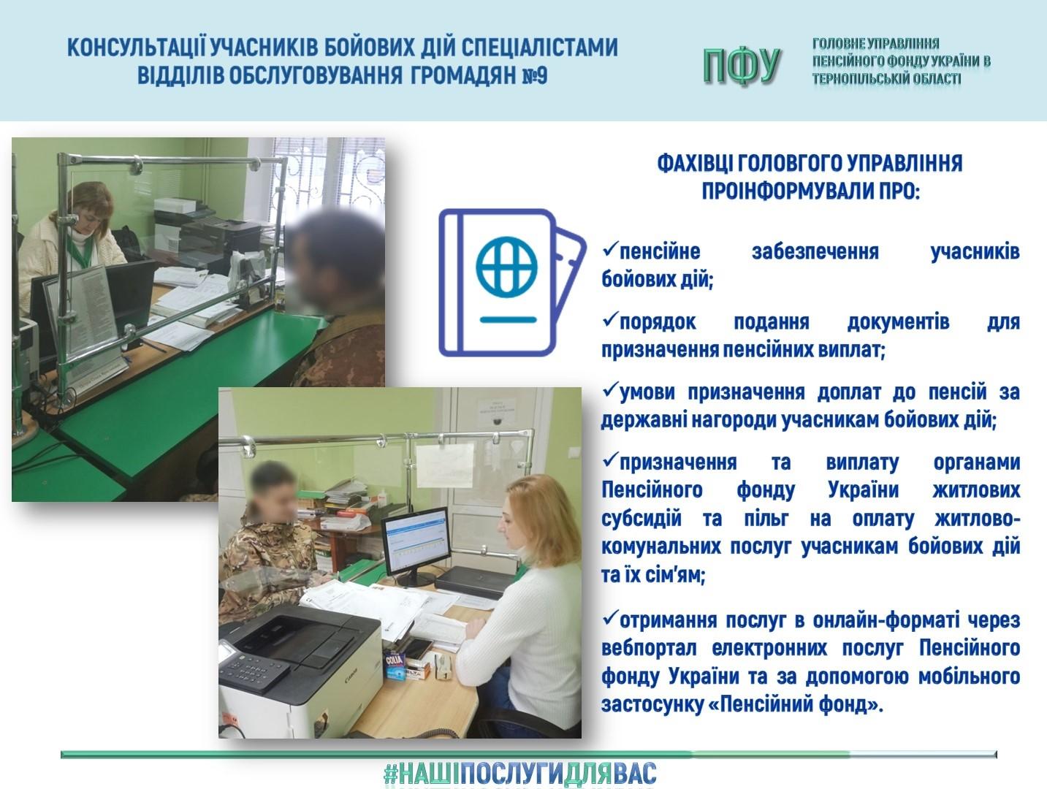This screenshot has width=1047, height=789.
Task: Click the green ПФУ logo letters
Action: [x=742, y=66]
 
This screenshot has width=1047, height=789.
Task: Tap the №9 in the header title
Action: [x=535, y=75]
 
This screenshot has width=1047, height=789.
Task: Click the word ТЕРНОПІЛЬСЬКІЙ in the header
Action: [x=854, y=79]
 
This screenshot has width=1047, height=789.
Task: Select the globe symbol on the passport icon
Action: [x=506, y=267]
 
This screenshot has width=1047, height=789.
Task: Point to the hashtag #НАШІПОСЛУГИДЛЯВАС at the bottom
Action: [x=520, y=773]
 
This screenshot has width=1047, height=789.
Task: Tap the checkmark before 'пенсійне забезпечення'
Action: [x=610, y=248]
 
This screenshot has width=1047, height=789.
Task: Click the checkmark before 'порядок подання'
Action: [x=610, y=319]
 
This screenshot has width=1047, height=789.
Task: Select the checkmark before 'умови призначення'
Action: [x=610, y=389]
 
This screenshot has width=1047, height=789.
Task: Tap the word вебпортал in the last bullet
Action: [x=649, y=648]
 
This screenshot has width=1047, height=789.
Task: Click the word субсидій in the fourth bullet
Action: [x=641, y=519]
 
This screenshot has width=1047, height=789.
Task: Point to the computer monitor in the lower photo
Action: [x=416, y=546]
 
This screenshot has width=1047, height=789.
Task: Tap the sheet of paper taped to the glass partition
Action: [x=445, y=465]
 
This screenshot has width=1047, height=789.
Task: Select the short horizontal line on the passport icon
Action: [x=509, y=320]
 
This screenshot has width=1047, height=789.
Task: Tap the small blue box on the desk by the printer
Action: [x=395, y=665]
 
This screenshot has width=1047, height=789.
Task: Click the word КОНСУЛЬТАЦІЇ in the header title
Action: [x=136, y=47]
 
